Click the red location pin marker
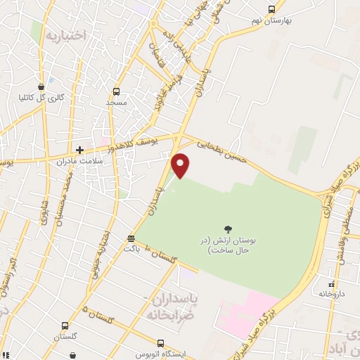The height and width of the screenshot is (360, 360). pyautogui.click(x=181, y=165)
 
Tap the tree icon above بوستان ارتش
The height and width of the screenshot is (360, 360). pyautogui.click(x=228, y=229)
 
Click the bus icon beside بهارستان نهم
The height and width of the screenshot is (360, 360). pyautogui.click(x=272, y=9)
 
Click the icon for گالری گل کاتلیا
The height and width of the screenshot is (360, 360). pyautogui.click(x=43, y=86)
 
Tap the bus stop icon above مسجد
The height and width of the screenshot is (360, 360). pyautogui.click(x=116, y=91)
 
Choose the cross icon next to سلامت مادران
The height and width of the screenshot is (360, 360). pyautogui.click(x=80, y=150)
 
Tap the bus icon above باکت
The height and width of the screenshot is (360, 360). pyautogui.click(x=131, y=238)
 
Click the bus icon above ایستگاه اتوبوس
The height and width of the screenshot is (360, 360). pyautogui.click(x=161, y=343)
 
